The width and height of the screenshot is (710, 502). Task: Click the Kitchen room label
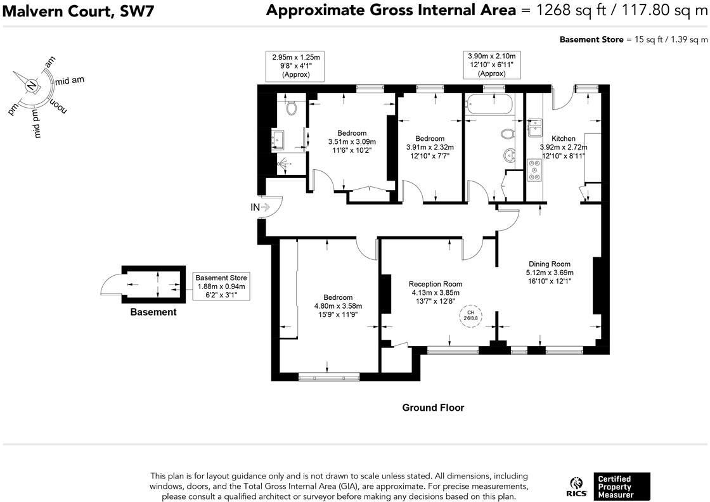pos(564,139)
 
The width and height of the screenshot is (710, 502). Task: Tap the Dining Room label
pos(550,264)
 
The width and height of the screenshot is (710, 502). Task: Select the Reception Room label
pos(436,284)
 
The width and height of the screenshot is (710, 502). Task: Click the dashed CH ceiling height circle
pos(471,316)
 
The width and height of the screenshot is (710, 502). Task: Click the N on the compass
pos(31,85)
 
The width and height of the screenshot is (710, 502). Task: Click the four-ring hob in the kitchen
pos(535,171)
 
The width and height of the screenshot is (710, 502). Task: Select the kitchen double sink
pos(535,127)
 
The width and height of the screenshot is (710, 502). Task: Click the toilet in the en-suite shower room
pos(292,108)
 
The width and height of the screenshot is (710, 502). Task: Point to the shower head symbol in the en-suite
pos(283,163)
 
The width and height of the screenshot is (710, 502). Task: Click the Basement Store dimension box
pos(221,286)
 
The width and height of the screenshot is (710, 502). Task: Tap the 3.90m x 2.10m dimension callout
pos(492,65)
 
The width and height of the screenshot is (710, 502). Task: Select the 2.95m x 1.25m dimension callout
pos(295,66)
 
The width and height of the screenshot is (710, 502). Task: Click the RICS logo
pos(576,487)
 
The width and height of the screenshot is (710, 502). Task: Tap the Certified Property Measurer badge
pos(622,487)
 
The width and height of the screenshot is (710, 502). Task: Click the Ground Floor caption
pos(434,408)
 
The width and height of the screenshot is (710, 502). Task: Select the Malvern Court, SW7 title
pos(79,11)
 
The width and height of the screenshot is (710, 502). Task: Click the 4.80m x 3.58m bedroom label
pos(339,306)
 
